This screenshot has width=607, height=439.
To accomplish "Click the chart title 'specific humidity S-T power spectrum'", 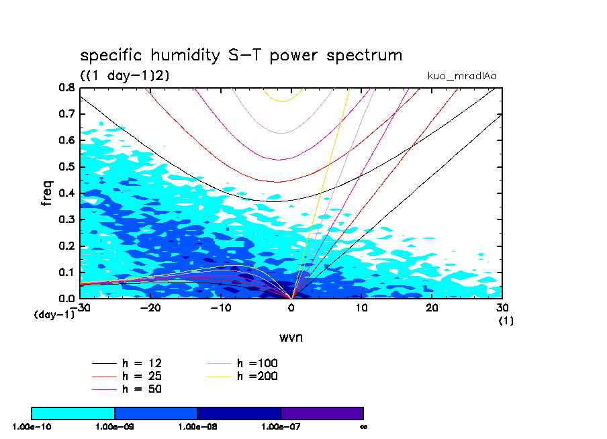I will (x=241, y=55).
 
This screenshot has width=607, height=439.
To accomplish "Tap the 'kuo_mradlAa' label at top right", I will (x=462, y=76).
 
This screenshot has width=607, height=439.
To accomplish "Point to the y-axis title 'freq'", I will (x=47, y=193).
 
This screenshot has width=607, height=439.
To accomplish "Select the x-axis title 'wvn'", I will (x=291, y=337).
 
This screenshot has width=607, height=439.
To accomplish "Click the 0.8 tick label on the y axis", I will (x=66, y=87).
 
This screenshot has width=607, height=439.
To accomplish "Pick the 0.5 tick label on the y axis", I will (x=66, y=166).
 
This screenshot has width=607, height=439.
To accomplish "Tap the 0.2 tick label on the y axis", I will (x=66, y=246).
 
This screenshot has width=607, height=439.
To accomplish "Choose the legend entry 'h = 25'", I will (x=141, y=376).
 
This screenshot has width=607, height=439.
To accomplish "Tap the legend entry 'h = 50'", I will (x=141, y=389).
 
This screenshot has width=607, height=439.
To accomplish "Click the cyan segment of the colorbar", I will (x=73, y=413).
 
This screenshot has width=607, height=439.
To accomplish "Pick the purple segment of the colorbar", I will (x=322, y=413).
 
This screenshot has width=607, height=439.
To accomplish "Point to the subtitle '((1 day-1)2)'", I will (x=125, y=76).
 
